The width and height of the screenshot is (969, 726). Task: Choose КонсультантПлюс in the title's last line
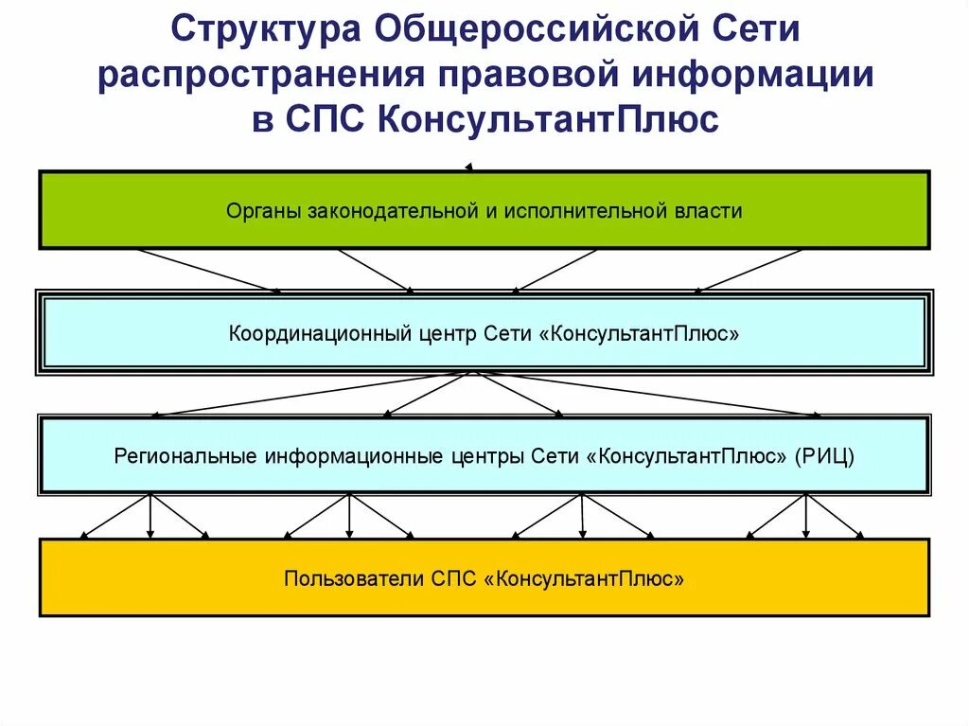549,120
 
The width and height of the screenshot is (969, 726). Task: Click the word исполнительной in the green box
584,211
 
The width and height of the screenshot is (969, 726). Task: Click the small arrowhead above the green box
468,167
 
